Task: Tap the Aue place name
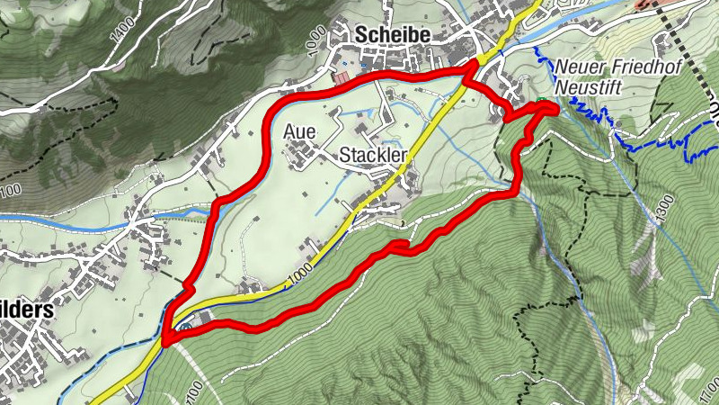click(x=299, y=131)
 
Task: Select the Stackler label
click(x=374, y=156)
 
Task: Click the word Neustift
click(x=588, y=86)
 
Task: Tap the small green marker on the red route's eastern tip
click(x=543, y=101)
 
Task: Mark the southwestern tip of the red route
click(x=166, y=341)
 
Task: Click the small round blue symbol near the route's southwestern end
click(x=184, y=328)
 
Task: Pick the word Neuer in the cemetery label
click(x=574, y=67)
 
